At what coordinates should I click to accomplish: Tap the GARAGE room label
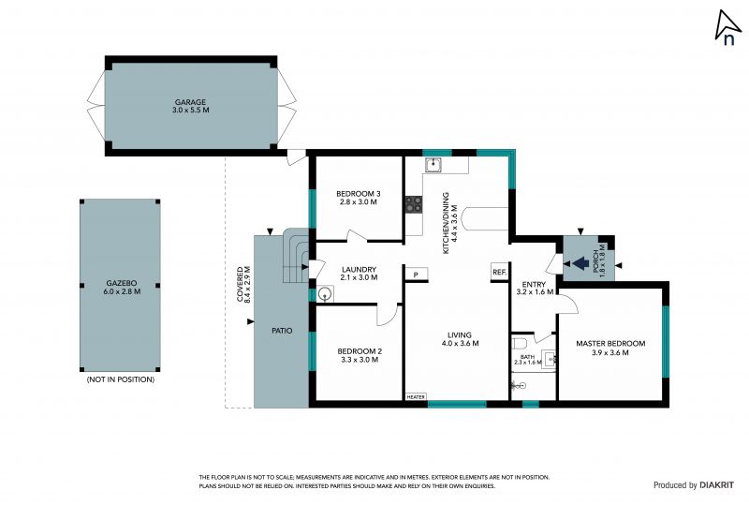point(190,102)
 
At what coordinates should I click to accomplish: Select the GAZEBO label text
point(122,283)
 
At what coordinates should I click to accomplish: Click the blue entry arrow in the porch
point(580,263)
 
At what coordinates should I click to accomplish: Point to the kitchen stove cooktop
point(414,204)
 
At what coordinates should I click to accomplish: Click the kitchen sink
point(433,165)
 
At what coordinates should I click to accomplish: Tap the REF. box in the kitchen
point(499,272)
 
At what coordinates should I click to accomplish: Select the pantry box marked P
point(416,275)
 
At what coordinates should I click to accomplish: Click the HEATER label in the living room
point(416,397)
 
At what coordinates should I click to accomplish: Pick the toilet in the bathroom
point(519,343)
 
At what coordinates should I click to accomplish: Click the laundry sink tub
point(325,293)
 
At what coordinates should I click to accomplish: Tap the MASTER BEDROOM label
point(610,343)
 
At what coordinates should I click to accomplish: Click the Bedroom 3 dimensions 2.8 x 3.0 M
point(359,201)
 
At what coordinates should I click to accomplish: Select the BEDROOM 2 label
point(360,351)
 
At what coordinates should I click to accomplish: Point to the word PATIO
point(282,331)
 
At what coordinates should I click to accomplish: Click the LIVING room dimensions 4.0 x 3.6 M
point(460,343)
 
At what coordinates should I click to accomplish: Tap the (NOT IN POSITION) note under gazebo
point(121,379)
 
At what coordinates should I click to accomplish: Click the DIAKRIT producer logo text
point(716,485)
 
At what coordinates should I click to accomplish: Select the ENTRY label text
point(534,285)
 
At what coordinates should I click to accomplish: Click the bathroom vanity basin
point(549,358)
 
